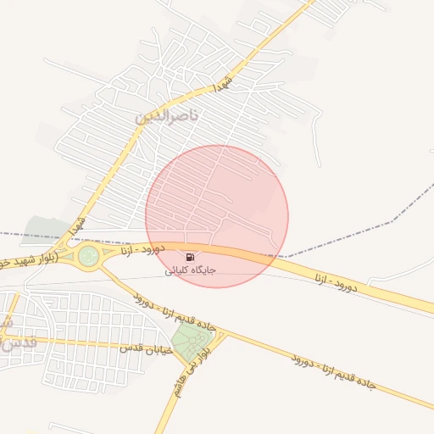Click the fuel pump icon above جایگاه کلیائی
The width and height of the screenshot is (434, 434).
[189, 257]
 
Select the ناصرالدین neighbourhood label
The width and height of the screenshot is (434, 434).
[165, 116]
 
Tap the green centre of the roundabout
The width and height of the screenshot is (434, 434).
[88, 254]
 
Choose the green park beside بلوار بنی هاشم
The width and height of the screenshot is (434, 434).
[192, 341]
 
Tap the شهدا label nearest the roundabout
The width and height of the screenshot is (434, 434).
[77, 225]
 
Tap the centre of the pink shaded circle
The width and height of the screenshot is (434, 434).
[217, 216]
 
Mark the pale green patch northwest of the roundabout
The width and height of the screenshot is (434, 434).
[47, 227]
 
